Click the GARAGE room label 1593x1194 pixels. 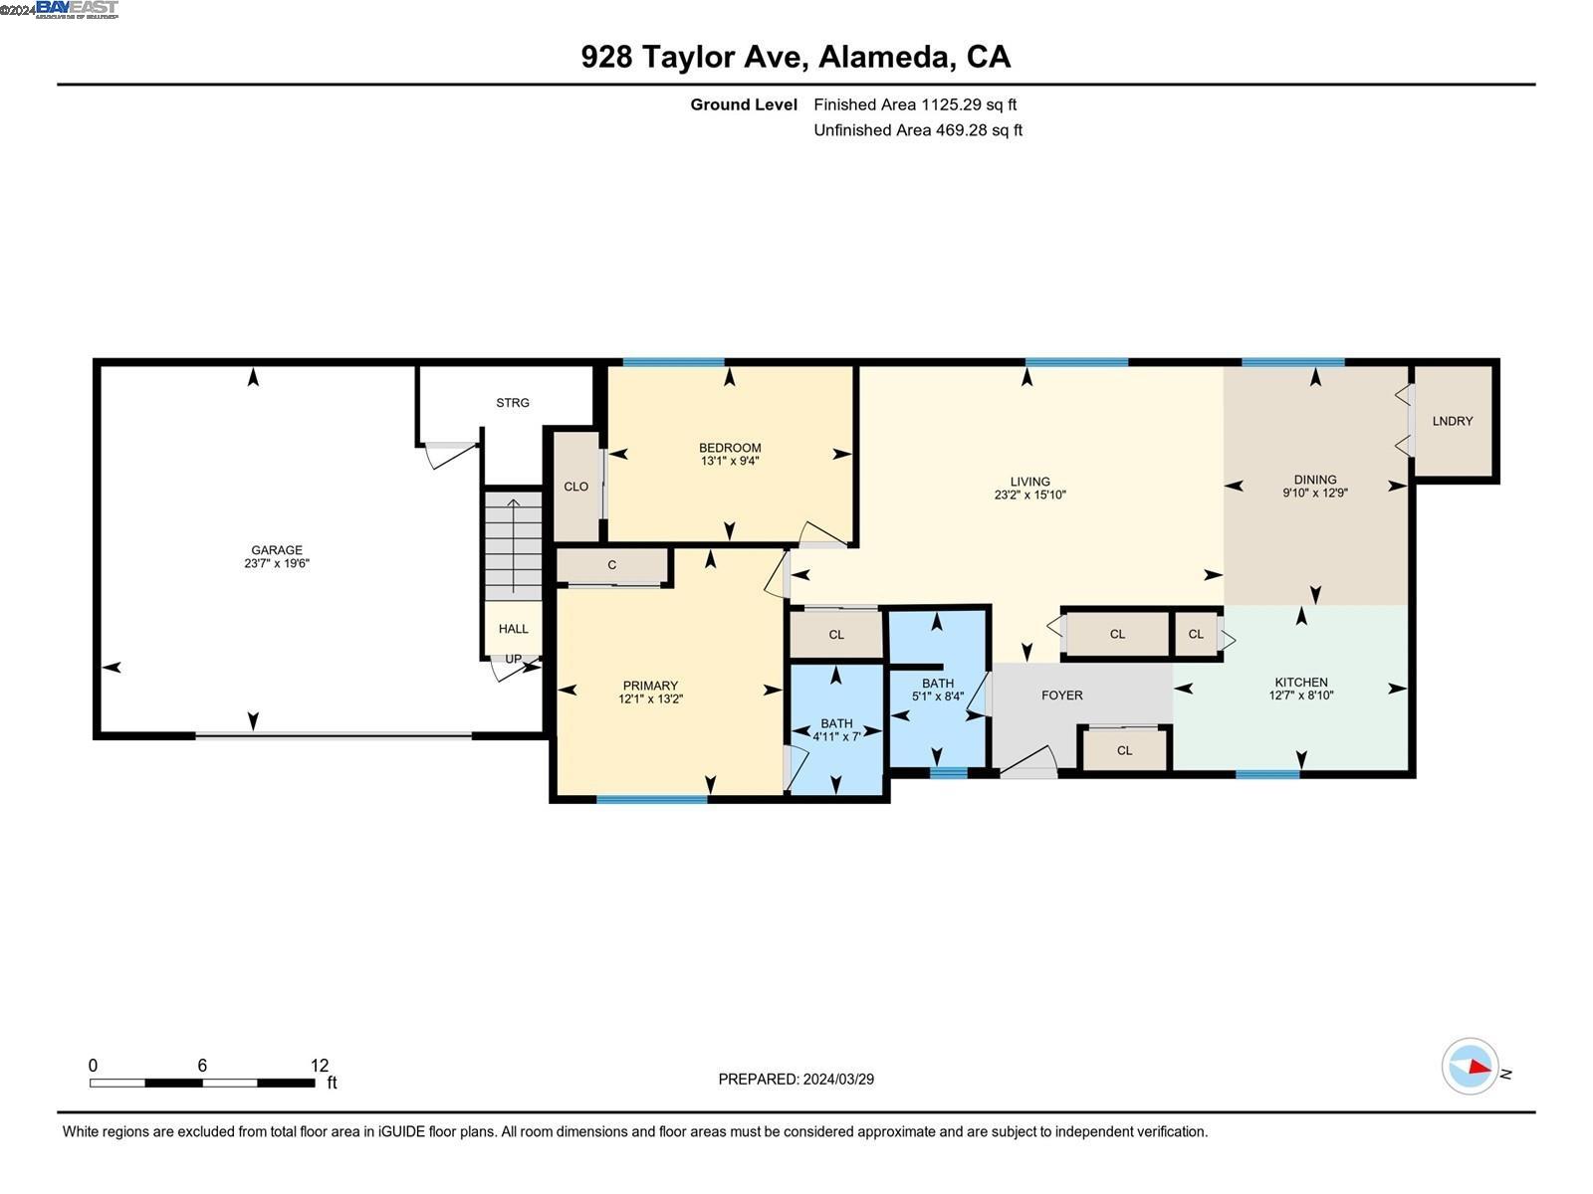click(277, 550)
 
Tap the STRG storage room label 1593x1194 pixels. click(513, 403)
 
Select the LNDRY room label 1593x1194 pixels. click(1453, 421)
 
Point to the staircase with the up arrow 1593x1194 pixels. click(514, 544)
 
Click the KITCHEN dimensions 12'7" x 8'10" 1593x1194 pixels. click(1301, 696)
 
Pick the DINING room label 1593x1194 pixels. click(1315, 480)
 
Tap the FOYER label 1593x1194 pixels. click(1062, 696)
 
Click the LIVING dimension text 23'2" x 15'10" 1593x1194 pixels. click(1029, 495)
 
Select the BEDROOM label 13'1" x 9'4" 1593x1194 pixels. click(730, 454)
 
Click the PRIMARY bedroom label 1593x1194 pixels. click(650, 686)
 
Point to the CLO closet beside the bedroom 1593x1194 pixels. click(576, 487)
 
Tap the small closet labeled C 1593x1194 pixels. click(612, 565)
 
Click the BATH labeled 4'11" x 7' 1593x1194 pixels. click(836, 729)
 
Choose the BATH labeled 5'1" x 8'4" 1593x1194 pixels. click(938, 690)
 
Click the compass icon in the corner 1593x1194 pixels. click(1471, 1067)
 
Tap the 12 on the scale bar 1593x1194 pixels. click(319, 1066)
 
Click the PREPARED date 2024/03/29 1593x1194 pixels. click(796, 1079)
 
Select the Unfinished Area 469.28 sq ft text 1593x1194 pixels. click(918, 130)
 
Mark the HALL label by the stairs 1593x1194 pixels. click(514, 629)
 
